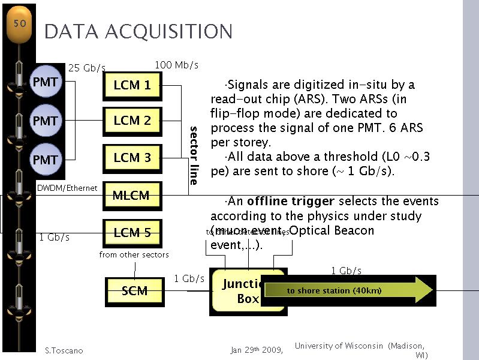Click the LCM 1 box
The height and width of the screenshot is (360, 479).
(x=132, y=86)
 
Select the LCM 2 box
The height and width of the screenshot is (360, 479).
(x=132, y=121)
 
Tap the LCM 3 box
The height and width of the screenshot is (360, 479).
(x=132, y=158)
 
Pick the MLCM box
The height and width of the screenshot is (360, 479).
(x=131, y=196)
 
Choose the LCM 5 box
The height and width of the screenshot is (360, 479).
(x=132, y=233)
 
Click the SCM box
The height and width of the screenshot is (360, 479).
(x=134, y=292)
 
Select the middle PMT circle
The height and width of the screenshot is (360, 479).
(x=45, y=121)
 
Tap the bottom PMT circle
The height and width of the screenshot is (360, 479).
(x=45, y=160)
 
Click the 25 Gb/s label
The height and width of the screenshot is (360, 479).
(x=87, y=68)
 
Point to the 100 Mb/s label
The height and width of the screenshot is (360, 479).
(x=176, y=65)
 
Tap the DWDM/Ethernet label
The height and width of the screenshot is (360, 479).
(x=67, y=188)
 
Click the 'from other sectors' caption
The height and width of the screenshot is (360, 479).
(x=134, y=255)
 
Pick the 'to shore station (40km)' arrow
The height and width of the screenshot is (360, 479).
(x=348, y=291)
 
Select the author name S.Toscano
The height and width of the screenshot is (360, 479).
(x=64, y=350)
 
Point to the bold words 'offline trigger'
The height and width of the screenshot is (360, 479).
(x=281, y=201)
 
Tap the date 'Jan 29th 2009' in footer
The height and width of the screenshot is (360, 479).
(x=257, y=350)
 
